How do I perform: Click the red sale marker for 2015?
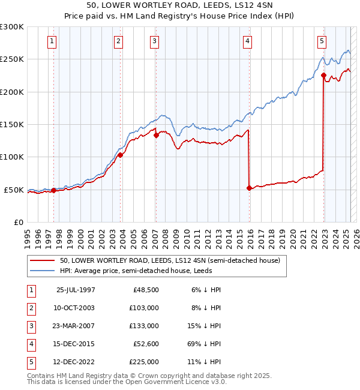[249, 188]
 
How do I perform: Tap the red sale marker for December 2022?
[323, 76]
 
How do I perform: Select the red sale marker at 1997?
[53, 190]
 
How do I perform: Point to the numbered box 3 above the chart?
[154, 41]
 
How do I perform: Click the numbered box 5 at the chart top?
[322, 41]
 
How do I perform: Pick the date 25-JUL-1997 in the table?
[76, 290]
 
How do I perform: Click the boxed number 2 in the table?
[30, 308]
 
